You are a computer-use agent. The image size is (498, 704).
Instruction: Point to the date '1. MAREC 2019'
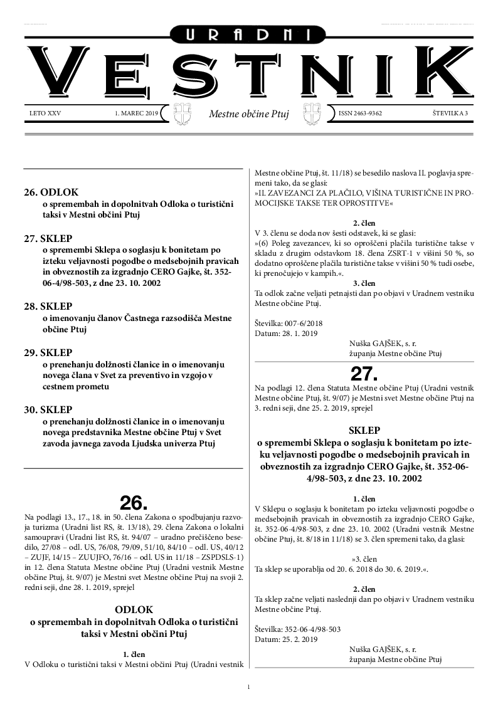[x=137, y=113]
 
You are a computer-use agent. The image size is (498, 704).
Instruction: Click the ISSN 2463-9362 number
[x=360, y=113]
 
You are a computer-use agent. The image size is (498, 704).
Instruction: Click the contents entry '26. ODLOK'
[x=51, y=192]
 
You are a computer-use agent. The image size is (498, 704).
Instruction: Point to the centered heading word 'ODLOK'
[x=134, y=609]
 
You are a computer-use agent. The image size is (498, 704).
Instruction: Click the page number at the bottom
[x=249, y=687]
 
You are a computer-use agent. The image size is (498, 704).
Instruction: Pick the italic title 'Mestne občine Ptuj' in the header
[x=248, y=115]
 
